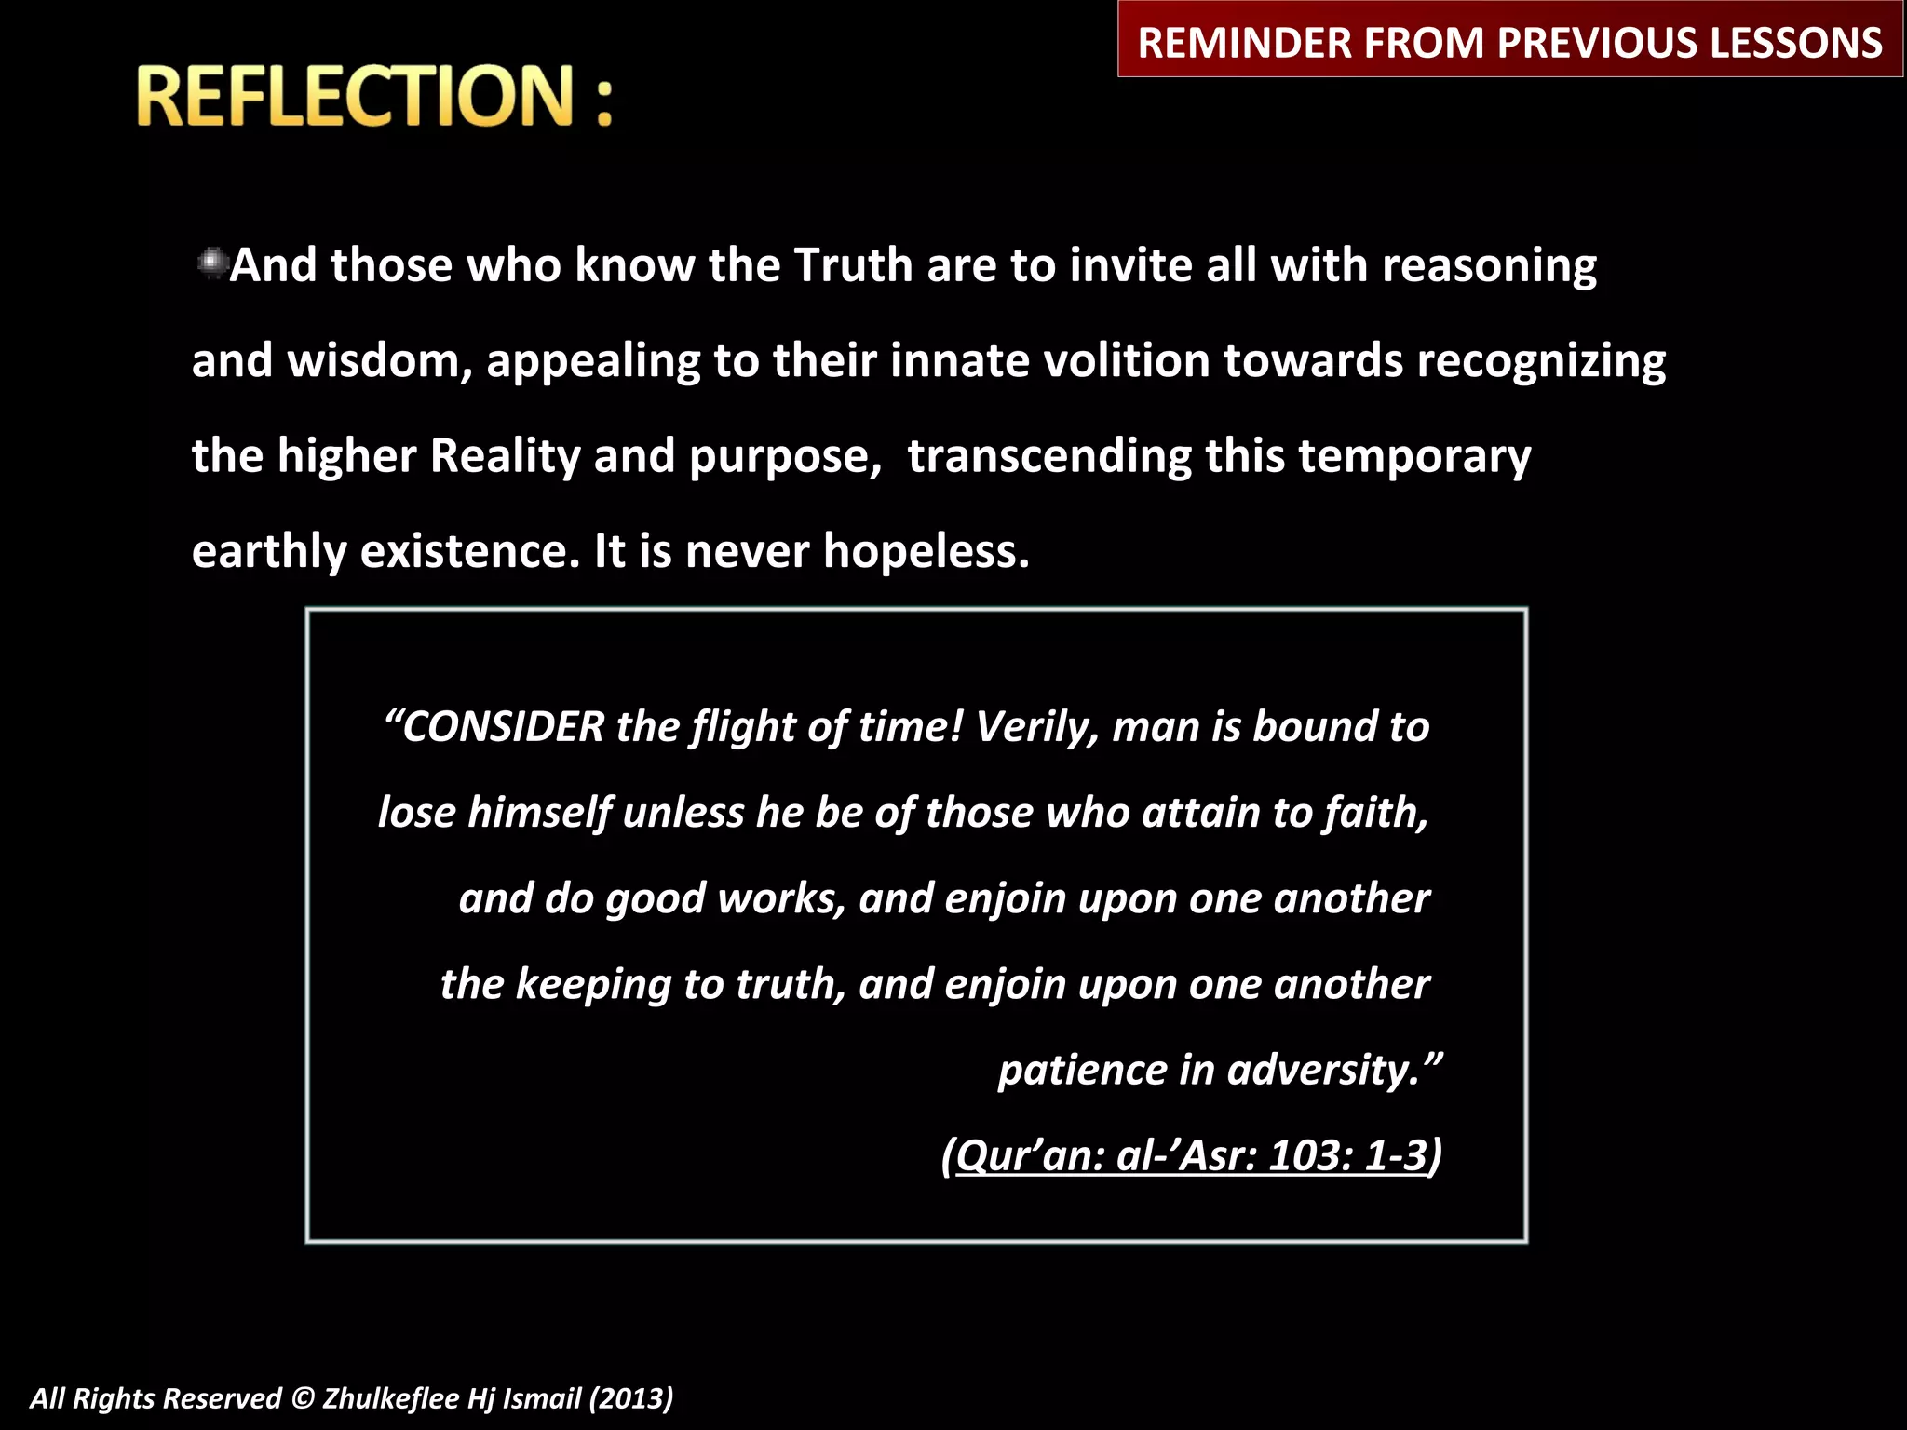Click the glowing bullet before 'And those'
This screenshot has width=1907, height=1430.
[212, 264]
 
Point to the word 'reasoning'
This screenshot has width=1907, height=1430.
[1489, 266]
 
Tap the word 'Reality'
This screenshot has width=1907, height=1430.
[506, 457]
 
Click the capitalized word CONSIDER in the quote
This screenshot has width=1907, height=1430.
[503, 727]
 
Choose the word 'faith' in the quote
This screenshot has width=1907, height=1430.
[1375, 813]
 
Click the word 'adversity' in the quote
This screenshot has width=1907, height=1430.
[1323, 1070]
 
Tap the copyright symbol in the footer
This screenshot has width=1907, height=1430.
[302, 1398]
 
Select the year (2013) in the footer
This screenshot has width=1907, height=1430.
[630, 1398]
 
